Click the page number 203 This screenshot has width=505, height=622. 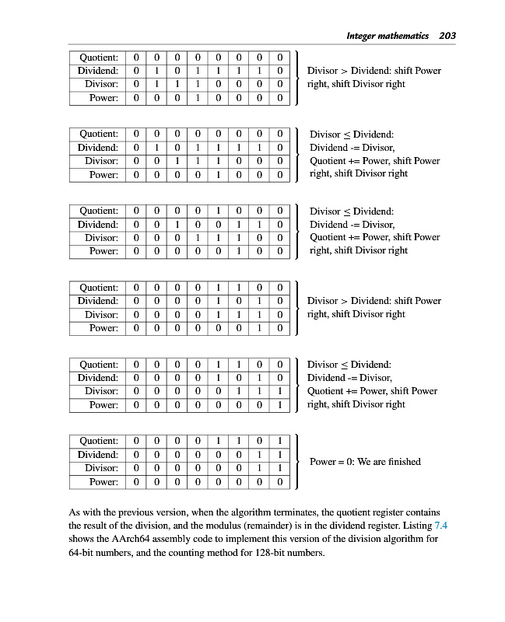point(447,35)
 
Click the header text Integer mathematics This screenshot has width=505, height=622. point(389,35)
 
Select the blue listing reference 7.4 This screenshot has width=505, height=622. point(440,526)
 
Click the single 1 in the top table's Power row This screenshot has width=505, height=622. point(197,98)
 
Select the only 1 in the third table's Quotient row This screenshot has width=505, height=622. point(218,211)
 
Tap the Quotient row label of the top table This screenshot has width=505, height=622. point(99,58)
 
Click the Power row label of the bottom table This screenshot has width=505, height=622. point(103,482)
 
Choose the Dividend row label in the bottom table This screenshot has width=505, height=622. point(98,455)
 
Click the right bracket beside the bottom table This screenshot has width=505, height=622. point(296,462)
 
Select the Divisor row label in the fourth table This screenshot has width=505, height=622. point(101,314)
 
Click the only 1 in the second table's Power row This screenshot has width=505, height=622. point(218,174)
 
